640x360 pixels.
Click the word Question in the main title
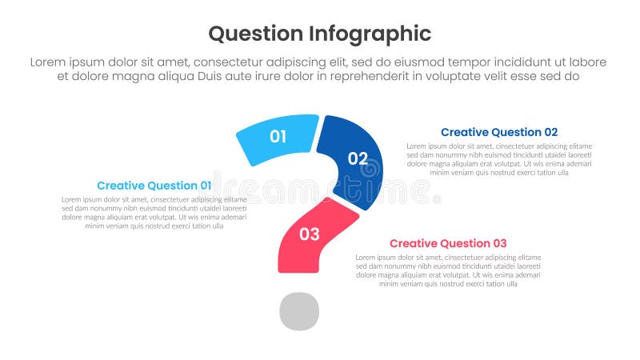(x=255, y=34)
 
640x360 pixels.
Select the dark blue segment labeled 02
(x=352, y=160)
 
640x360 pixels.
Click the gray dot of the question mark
(x=299, y=311)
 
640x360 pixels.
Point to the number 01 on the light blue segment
(x=278, y=137)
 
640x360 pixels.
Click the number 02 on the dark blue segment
(x=358, y=158)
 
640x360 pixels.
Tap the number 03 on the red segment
(x=310, y=234)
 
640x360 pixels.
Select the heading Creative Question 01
(x=154, y=186)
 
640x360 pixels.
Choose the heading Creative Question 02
(x=499, y=132)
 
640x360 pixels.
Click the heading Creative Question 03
(x=448, y=243)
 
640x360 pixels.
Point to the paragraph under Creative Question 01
(x=154, y=213)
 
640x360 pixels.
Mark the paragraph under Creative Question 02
(x=499, y=159)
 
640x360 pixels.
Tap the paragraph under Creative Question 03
(x=448, y=270)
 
